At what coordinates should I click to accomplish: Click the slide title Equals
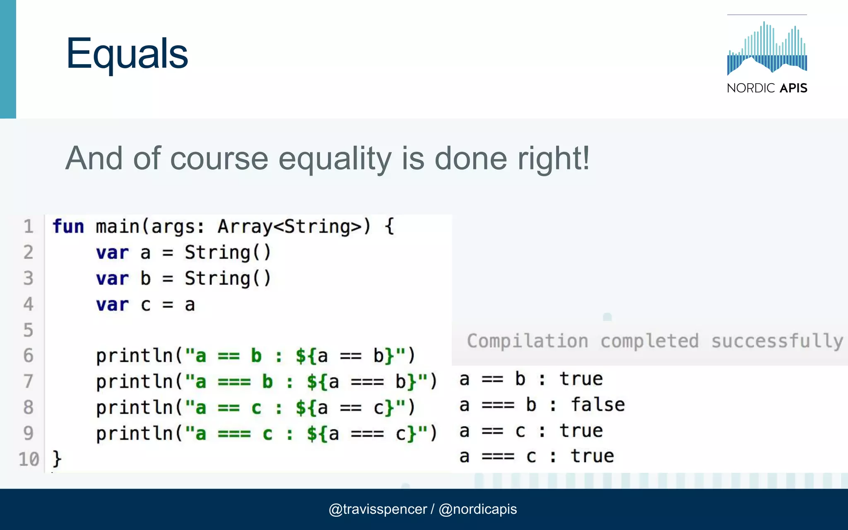pos(127,54)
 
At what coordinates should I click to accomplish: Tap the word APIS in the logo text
pos(793,88)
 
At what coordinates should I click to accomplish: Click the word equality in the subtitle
pos(335,159)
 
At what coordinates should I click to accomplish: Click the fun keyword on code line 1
pos(68,226)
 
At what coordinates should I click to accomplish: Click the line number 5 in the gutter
pos(28,330)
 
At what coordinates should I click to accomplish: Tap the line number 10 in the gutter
pos(29,459)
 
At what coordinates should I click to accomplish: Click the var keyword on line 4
pos(112,305)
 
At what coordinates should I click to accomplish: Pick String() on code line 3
pos(227,278)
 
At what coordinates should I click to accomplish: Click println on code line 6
pos(135,356)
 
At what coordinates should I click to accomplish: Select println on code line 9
pos(135,434)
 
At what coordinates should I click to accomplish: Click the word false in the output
pos(597,405)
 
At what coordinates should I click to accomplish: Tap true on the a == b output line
pos(581,379)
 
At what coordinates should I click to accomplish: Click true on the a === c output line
pos(592,456)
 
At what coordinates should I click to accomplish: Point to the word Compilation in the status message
pos(528,341)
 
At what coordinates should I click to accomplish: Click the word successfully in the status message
pos(777,341)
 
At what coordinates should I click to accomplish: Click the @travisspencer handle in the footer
pos(378,509)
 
